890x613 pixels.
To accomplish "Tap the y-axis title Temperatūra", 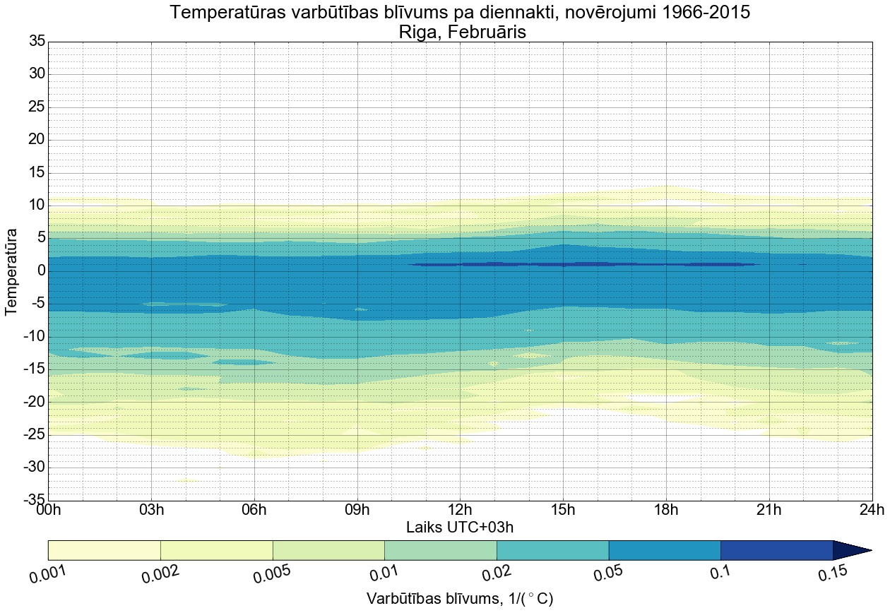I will tap(12, 271).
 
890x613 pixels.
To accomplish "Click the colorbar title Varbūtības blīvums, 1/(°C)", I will tap(460, 599).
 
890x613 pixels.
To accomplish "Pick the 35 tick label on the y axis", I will tap(37, 42).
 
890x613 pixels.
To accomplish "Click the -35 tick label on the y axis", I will tap(33, 501).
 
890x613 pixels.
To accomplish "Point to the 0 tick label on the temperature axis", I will tap(41, 271).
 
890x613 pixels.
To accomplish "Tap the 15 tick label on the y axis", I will tap(37, 173).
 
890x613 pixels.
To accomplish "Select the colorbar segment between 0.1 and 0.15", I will tap(776, 550).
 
